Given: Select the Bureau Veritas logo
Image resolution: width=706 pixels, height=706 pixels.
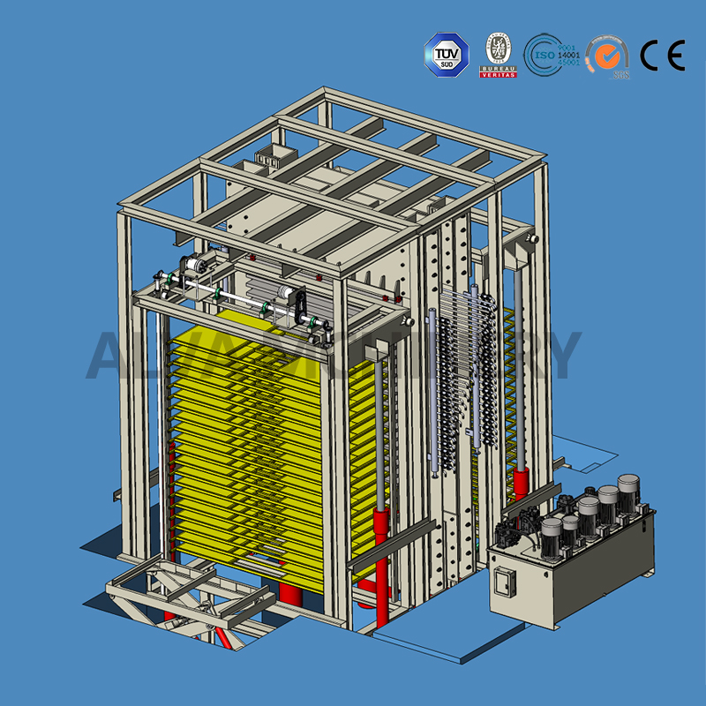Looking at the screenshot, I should [498, 55].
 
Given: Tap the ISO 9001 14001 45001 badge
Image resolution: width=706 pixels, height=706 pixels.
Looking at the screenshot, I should [551, 55].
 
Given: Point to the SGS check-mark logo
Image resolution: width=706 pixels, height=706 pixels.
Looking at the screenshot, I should [607, 56].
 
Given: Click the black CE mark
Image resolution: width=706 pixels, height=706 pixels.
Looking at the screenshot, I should [662, 56].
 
